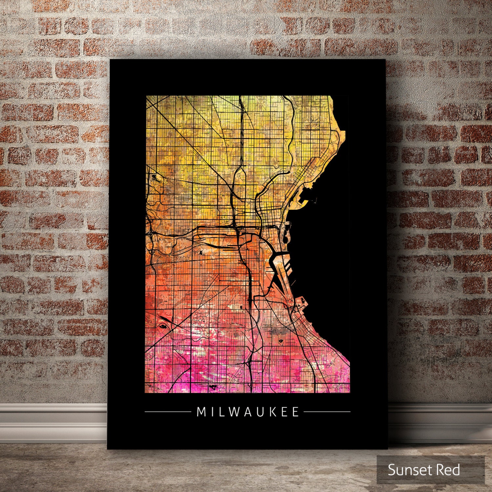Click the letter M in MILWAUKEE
tap(201, 412)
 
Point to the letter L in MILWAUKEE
tap(218, 412)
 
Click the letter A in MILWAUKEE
tap(247, 412)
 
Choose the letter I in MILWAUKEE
tap(210, 412)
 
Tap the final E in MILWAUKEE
tap(296, 412)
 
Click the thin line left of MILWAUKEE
tap(167, 411)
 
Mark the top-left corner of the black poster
tap(111, 60)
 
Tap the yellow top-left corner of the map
tap(148, 98)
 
